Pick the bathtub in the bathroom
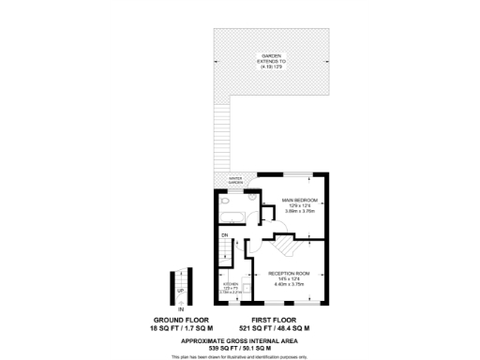[232, 217]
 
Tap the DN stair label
[225, 234]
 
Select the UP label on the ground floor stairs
[181, 291]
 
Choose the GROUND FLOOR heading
[180, 321]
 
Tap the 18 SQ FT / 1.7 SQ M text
[180, 329]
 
